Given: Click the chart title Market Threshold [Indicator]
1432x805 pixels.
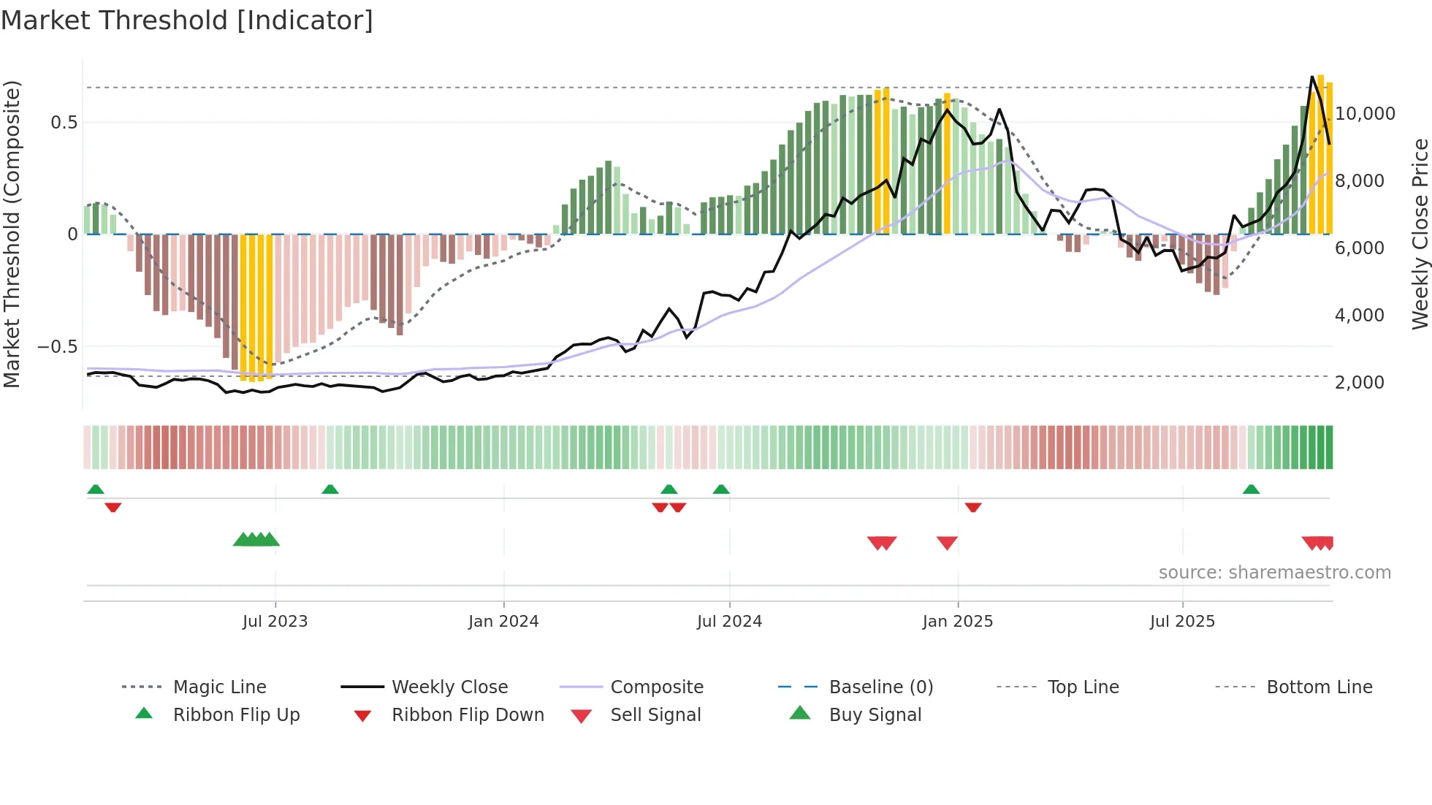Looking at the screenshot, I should (187, 20).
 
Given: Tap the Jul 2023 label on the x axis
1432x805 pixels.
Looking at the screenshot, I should (275, 622).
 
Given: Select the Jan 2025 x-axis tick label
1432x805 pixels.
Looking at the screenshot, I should (957, 622).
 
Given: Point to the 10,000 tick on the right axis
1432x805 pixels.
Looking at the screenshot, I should (1365, 114).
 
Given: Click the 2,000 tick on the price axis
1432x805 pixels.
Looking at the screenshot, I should (1359, 383).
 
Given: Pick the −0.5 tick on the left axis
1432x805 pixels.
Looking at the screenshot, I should (58, 346).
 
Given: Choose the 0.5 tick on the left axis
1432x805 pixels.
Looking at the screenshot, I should (64, 122).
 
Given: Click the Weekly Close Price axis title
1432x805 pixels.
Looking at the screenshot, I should (1419, 234).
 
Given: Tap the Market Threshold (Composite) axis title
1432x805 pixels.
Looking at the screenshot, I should (12, 234).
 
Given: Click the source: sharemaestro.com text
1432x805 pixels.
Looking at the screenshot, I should (1274, 573).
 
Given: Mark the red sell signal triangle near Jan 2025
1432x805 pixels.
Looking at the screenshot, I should (947, 542).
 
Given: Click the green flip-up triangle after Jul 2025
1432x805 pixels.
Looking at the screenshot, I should (1251, 489).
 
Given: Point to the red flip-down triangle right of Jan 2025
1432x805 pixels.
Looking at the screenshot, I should (972, 507).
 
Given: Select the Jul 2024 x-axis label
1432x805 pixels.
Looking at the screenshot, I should (729, 622).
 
